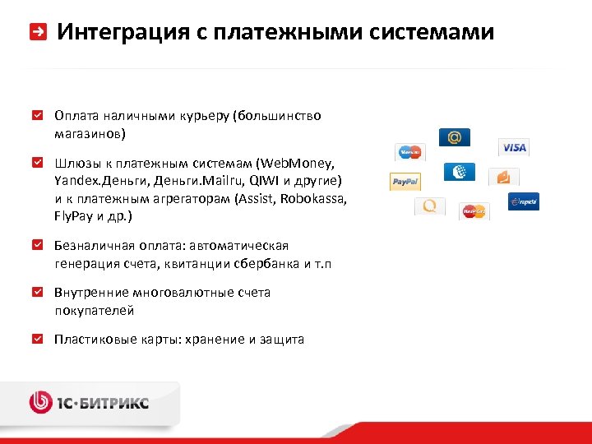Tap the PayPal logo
pyautogui.click(x=405, y=181)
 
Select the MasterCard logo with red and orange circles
pyautogui.click(x=474, y=211)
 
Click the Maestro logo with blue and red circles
pyautogui.click(x=409, y=152)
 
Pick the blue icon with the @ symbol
pyautogui.click(x=454, y=136)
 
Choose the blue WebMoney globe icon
pyautogui.click(x=459, y=172)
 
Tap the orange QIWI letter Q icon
pyautogui.click(x=429, y=206)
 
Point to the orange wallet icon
pyautogui.click(x=503, y=177)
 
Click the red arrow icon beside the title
pyautogui.click(x=38, y=32)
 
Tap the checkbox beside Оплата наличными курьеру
pyautogui.click(x=38, y=116)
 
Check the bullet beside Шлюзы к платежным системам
pyautogui.click(x=38, y=162)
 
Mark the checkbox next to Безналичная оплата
pyautogui.click(x=38, y=245)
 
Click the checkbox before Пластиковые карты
pyautogui.click(x=38, y=339)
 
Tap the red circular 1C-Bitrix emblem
pyautogui.click(x=41, y=402)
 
